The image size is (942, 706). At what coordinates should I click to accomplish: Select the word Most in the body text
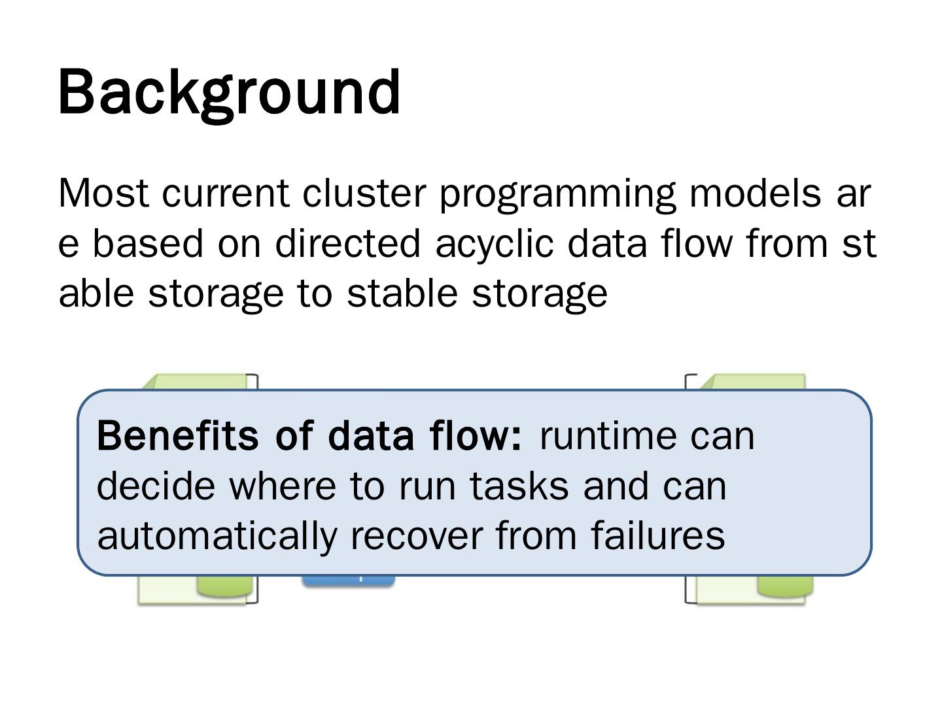[104, 193]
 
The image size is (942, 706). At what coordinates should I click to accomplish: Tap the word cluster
[364, 193]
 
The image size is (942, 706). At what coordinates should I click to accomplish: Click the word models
[755, 193]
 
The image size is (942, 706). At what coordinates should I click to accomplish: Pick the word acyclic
[495, 244]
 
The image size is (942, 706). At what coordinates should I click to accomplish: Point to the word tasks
[519, 486]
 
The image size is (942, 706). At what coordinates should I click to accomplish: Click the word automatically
[217, 535]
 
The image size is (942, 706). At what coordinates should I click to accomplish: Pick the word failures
[658, 535]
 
